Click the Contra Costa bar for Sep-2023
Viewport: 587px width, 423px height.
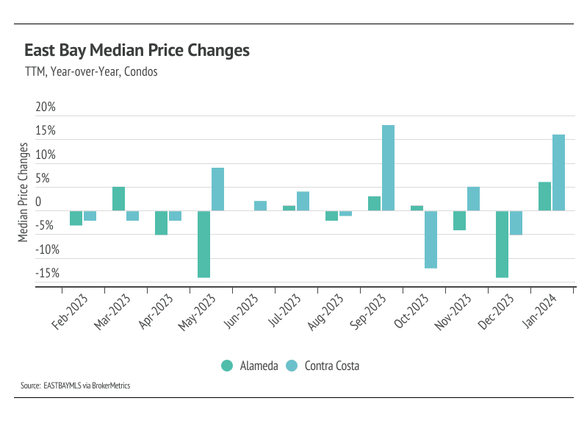coord(388,168)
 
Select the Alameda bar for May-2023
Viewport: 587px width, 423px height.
coord(204,244)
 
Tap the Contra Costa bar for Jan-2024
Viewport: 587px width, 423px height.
coord(558,172)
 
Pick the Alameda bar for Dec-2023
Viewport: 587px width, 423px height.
coord(502,244)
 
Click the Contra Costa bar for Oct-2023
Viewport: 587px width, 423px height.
coord(431,239)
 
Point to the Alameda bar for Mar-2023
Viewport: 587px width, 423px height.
coord(118,199)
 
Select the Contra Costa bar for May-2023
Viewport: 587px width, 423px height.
coord(217,189)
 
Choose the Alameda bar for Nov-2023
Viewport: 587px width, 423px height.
coord(459,221)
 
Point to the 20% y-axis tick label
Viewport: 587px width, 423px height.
coord(46,107)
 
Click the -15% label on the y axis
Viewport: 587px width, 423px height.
coord(47,273)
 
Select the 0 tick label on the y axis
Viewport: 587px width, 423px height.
coord(38,202)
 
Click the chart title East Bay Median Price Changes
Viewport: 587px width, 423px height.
coord(137,51)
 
